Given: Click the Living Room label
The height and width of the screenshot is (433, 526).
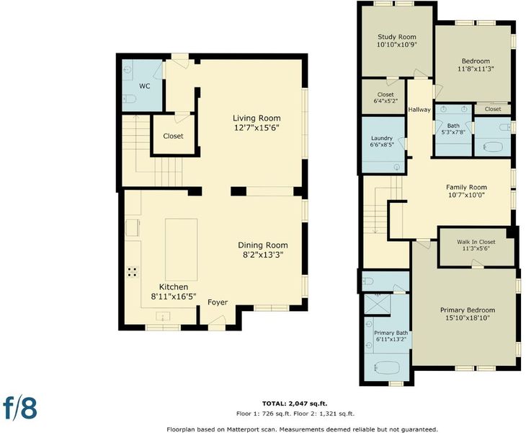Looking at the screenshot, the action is tap(257, 118).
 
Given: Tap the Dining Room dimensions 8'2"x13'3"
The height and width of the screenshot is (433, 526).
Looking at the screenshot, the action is tap(263, 255).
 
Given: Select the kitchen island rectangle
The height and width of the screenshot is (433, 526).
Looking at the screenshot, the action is tap(181, 250).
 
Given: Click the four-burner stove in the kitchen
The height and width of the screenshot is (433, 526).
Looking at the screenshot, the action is tap(133, 272).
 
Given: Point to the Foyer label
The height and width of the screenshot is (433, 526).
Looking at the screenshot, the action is tap(218, 302).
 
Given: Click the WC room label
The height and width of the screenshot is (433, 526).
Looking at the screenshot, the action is tap(145, 87).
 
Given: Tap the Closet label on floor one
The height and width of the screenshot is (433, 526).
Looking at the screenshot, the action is tap(173, 136).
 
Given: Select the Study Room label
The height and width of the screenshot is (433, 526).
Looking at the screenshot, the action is tap(397, 37).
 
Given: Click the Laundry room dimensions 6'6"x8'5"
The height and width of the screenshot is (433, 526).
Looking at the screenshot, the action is tap(382, 144).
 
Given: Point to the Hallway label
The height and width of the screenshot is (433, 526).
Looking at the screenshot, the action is tap(419, 110).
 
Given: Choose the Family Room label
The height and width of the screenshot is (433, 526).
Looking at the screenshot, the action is tap(466, 188).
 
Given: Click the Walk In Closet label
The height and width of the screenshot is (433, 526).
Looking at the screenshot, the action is tap(476, 242).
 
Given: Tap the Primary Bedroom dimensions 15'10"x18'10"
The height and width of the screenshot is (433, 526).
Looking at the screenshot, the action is tap(468, 318).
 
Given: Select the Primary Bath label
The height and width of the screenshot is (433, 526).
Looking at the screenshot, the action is tap(391, 333).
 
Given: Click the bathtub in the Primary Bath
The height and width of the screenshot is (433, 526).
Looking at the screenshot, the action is tap(386, 367).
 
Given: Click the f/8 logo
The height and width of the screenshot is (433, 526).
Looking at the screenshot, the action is tap(20, 408).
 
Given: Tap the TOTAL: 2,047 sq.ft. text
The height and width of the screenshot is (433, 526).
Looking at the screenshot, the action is tap(295, 403).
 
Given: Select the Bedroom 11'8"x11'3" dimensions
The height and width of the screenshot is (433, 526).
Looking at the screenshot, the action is tap(476, 69).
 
